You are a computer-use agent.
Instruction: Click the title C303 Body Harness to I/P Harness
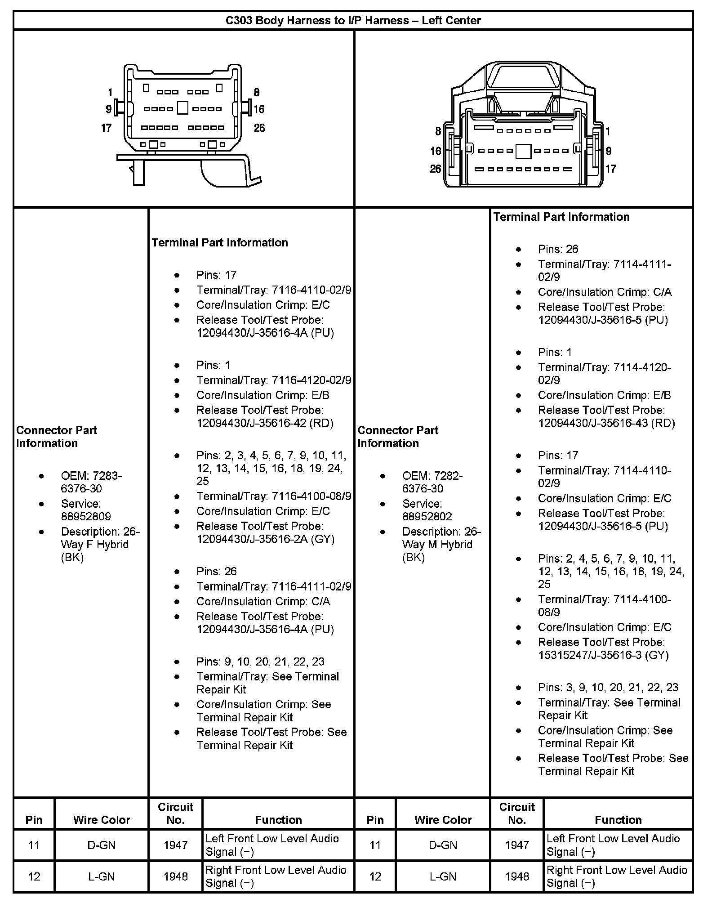(x=353, y=20)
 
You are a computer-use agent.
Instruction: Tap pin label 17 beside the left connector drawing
(x=106, y=128)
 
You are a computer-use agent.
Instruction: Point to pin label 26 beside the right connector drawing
(x=435, y=169)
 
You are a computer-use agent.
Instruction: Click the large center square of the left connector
(x=182, y=108)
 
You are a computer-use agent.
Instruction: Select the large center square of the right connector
(x=523, y=151)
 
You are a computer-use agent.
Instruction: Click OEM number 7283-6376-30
(x=91, y=482)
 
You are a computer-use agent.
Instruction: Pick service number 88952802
(x=427, y=516)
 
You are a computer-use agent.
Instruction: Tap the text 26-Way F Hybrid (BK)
(x=100, y=545)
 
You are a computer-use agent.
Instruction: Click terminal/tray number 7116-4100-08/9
(x=311, y=496)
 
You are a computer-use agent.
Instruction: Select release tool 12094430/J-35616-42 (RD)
(x=265, y=423)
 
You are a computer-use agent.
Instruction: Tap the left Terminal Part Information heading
(x=219, y=243)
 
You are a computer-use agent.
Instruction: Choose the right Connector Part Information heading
(x=397, y=436)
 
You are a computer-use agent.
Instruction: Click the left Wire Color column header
(x=102, y=820)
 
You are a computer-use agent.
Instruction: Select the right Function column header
(x=618, y=820)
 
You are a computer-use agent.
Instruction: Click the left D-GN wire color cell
(x=102, y=845)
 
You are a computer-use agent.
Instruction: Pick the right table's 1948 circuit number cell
(x=516, y=876)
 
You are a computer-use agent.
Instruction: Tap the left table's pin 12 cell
(x=34, y=876)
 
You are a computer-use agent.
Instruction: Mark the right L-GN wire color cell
(x=443, y=876)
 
